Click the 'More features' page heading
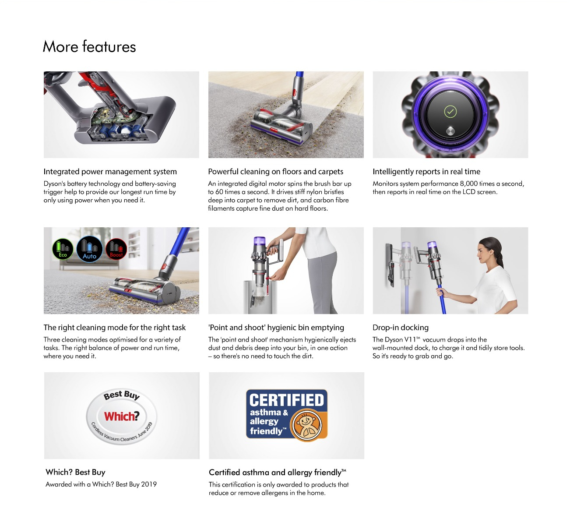click(x=89, y=46)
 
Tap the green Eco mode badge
click(x=63, y=249)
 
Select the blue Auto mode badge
click(x=89, y=249)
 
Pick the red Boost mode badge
click(x=116, y=249)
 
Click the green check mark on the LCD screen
click(x=450, y=112)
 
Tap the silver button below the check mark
click(x=450, y=131)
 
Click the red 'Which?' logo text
click(x=122, y=416)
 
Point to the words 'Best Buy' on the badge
click(x=122, y=395)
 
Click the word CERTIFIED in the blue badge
click(x=286, y=400)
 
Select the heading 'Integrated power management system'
click(x=110, y=172)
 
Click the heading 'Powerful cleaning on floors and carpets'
click(x=276, y=172)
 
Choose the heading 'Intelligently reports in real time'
click(x=426, y=172)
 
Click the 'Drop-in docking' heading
click(x=401, y=328)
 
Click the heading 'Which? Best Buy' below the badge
click(x=75, y=472)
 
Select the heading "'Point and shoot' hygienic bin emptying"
click(x=276, y=328)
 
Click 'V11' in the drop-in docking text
click(x=410, y=340)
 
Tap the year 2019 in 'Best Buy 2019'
click(x=149, y=484)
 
